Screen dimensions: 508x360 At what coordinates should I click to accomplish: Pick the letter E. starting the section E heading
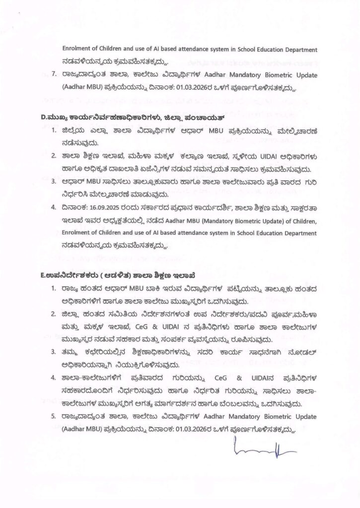tap(43, 274)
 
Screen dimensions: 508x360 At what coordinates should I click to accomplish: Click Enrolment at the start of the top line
tap(76, 50)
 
